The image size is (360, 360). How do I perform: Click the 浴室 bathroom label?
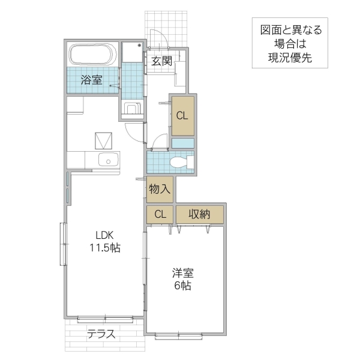pyautogui.click(x=92, y=80)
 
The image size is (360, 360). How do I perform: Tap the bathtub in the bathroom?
pyautogui.click(x=92, y=55)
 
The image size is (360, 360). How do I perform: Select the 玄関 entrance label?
pyautogui.click(x=161, y=61)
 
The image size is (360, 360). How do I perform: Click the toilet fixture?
pyautogui.click(x=181, y=161)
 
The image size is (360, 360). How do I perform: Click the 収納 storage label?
pyautogui.click(x=199, y=214)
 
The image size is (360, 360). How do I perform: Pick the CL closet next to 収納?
pyautogui.click(x=160, y=214)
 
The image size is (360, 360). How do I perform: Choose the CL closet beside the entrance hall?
pyautogui.click(x=182, y=116)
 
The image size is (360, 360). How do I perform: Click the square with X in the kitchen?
pyautogui.click(x=104, y=140)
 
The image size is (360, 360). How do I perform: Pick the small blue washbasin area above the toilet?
pyautogui.click(x=183, y=143)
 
